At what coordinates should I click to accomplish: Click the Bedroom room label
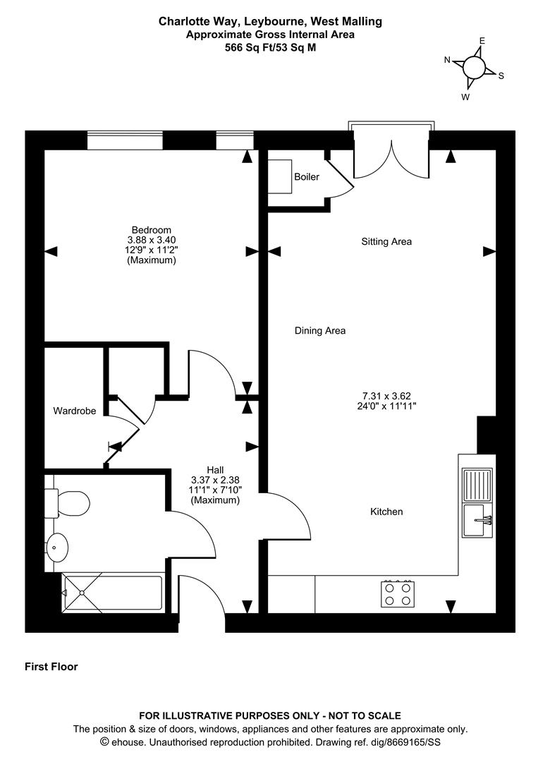[151, 230]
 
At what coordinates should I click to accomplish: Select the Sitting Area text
[386, 242]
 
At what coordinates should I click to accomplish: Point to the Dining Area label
[320, 330]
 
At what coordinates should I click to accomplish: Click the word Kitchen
[386, 512]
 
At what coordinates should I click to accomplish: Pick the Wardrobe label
[74, 410]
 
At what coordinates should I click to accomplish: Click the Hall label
[215, 470]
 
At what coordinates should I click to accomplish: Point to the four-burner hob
[398, 594]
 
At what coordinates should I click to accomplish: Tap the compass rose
[474, 68]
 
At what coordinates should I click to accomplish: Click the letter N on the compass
[447, 60]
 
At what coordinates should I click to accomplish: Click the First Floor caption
[51, 667]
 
